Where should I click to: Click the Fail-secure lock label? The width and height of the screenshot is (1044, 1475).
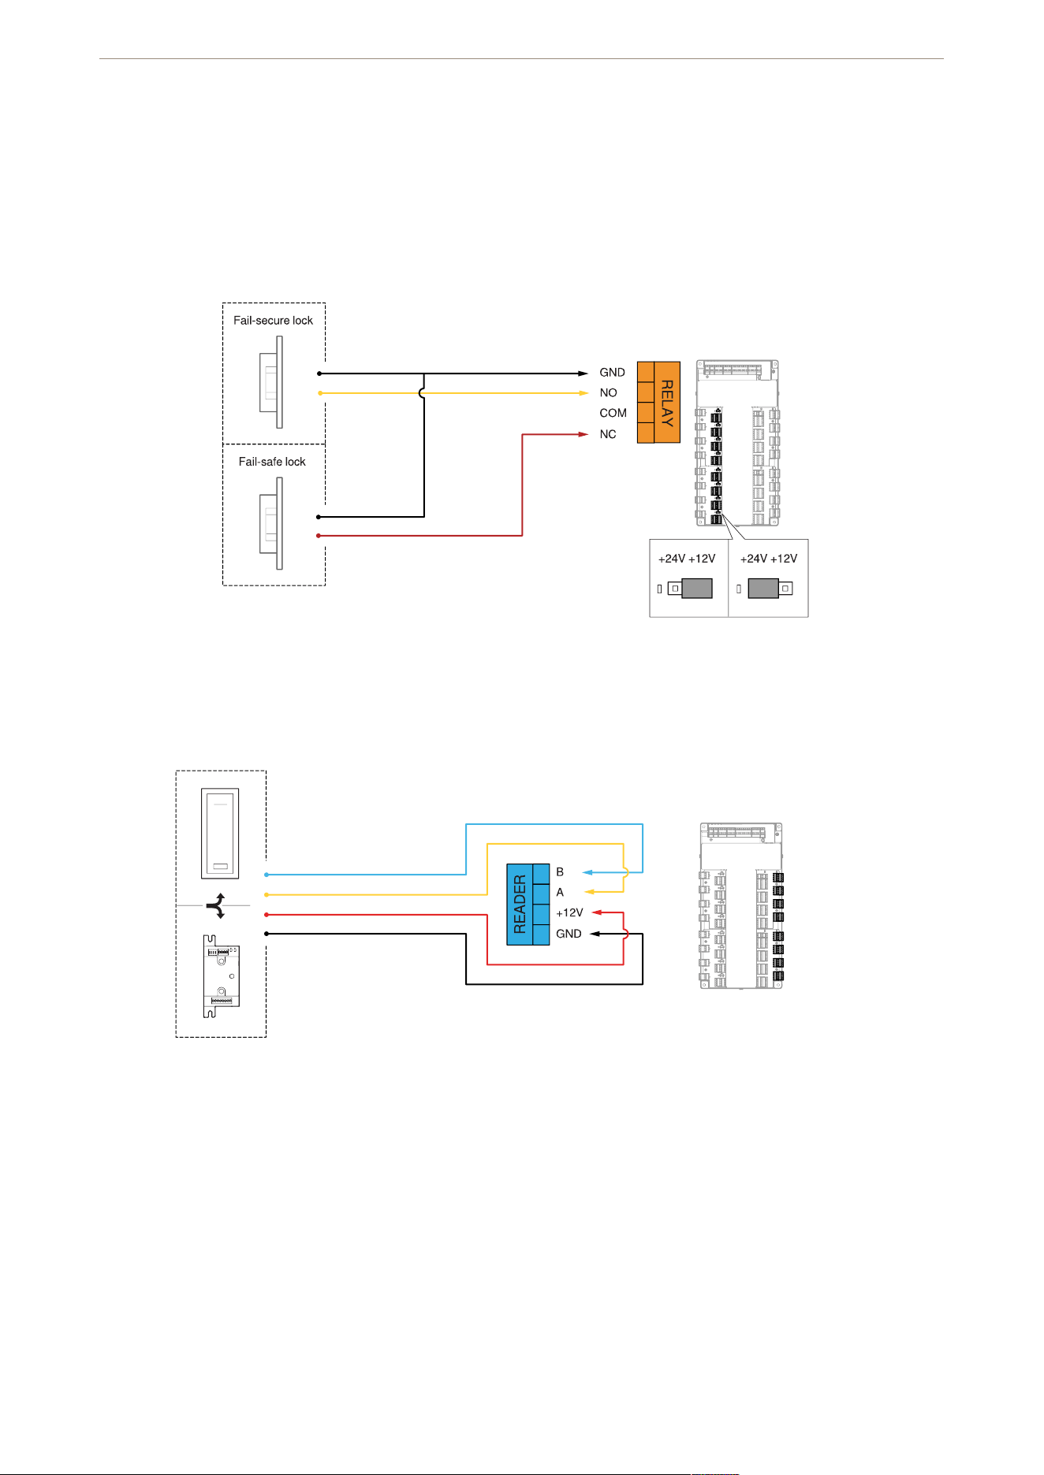[273, 321]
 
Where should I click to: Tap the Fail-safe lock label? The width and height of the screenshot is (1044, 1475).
[272, 462]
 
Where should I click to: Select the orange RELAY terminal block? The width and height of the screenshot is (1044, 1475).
[658, 402]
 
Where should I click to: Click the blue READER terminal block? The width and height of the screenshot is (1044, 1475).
[528, 905]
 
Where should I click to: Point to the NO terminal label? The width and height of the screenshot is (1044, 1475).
[608, 392]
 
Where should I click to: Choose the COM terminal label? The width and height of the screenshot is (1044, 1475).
[613, 413]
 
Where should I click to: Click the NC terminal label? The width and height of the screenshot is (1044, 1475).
[607, 434]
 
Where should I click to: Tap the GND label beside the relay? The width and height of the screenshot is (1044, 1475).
[612, 372]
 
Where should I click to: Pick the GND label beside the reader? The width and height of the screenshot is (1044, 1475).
[569, 934]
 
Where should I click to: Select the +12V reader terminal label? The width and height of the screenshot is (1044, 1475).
[569, 912]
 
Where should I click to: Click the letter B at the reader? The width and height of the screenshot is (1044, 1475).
[560, 872]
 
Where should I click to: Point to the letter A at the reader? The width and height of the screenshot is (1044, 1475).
[560, 893]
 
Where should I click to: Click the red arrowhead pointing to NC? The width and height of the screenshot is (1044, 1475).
[583, 434]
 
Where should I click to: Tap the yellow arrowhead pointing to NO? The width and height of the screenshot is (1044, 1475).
[583, 392]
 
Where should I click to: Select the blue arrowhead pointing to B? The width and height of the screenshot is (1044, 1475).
[587, 872]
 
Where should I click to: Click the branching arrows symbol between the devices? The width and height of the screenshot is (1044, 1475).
[217, 906]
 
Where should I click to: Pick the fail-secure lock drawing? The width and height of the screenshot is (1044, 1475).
[271, 382]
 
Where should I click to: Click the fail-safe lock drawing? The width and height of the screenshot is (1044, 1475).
[271, 523]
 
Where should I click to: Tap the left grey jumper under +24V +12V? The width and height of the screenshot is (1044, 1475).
[696, 588]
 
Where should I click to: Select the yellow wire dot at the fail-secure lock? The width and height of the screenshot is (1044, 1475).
[319, 392]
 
